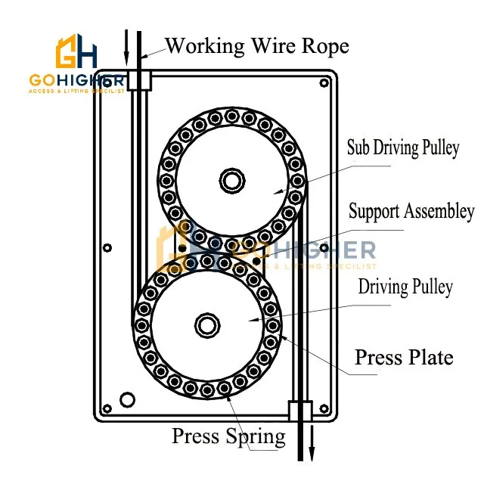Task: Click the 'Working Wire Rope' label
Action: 257,46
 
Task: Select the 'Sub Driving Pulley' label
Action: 402,147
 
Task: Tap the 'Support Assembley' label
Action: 411,212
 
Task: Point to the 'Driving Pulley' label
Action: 405,287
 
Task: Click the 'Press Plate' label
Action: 404,356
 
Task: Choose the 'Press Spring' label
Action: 228,436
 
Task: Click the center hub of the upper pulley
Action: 231,180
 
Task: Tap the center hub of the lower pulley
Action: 206,325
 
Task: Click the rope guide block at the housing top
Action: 138,80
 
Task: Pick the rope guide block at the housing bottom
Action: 300,411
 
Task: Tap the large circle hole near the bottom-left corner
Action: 127,399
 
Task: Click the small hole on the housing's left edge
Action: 107,247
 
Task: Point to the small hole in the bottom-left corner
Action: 107,409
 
